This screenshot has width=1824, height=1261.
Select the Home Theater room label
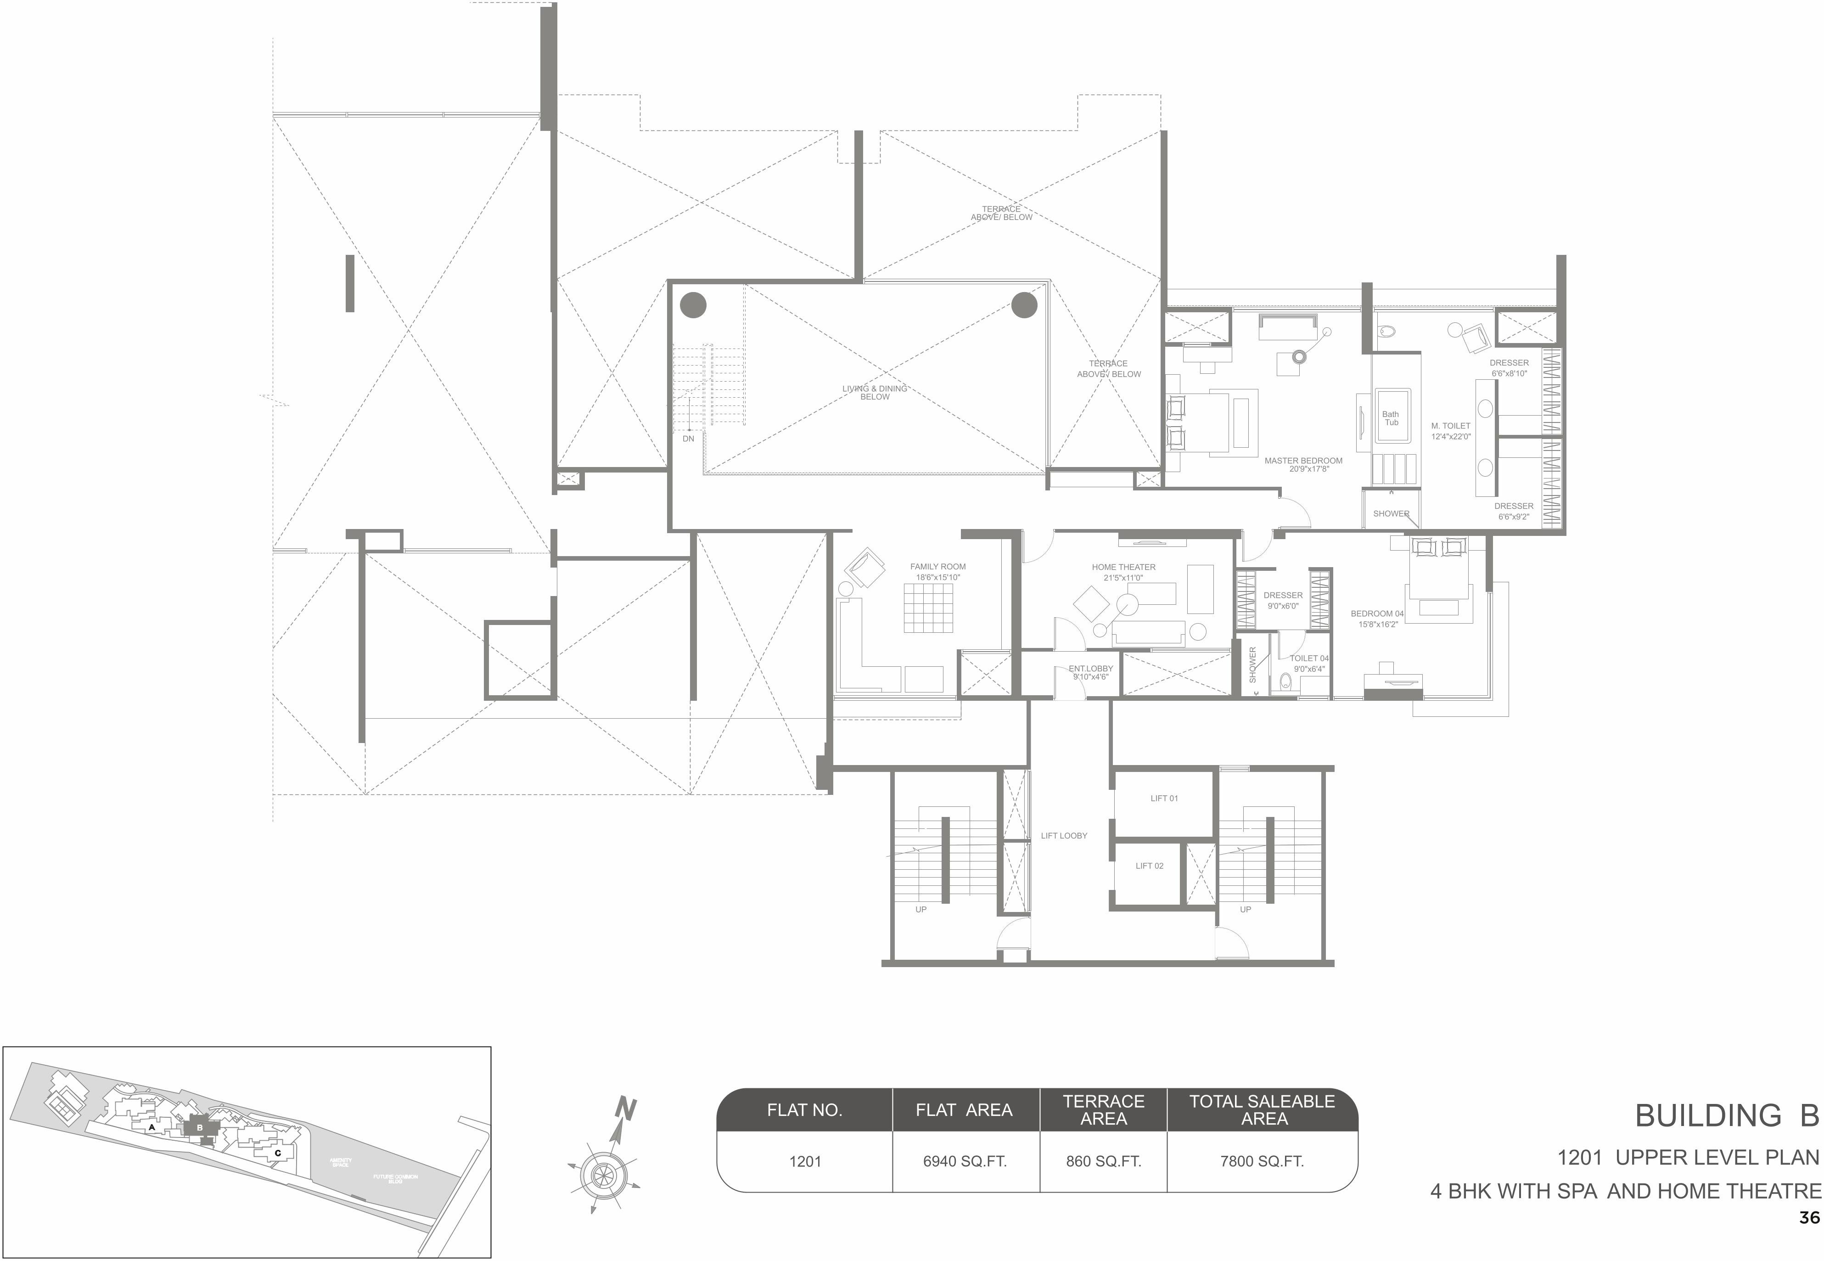coord(1123,567)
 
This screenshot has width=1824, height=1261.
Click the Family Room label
coord(937,567)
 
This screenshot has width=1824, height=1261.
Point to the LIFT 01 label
coord(1164,799)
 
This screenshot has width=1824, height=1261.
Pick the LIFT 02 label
coord(1150,866)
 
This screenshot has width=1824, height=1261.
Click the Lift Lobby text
coord(1063,836)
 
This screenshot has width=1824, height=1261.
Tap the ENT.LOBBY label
coord(1090,669)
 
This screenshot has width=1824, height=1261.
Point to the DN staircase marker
coord(688,439)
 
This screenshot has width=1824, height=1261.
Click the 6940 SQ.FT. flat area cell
coord(965,1161)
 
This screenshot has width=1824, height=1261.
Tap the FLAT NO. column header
coord(804,1110)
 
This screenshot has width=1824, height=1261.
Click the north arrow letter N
coord(626,1109)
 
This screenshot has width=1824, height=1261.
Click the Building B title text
coord(1726,1115)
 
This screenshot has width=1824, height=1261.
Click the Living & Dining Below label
coord(875,393)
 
